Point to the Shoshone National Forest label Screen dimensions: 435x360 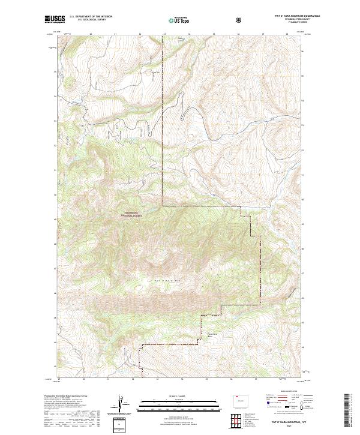131,214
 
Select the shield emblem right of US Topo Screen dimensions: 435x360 239,20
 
